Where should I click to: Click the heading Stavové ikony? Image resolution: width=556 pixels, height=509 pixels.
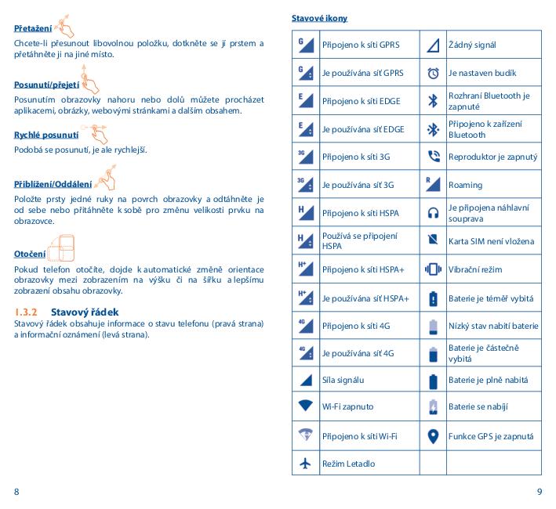(x=319, y=18)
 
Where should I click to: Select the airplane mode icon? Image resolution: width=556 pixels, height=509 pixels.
(x=306, y=464)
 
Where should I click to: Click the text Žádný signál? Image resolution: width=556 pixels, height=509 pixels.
(x=471, y=45)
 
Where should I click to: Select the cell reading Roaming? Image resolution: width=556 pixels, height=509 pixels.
(x=465, y=185)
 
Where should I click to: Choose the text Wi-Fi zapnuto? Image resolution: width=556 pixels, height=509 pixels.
(x=347, y=408)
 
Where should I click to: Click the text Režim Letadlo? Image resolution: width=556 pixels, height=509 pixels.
(x=348, y=464)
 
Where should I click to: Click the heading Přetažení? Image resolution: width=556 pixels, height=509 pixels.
(x=30, y=29)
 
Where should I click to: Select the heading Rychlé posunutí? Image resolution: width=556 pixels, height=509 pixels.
(x=45, y=135)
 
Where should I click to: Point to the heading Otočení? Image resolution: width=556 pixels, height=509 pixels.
(x=30, y=254)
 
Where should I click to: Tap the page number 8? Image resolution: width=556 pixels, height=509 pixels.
(x=16, y=491)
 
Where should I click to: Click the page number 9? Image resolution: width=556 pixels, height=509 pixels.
(x=539, y=491)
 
